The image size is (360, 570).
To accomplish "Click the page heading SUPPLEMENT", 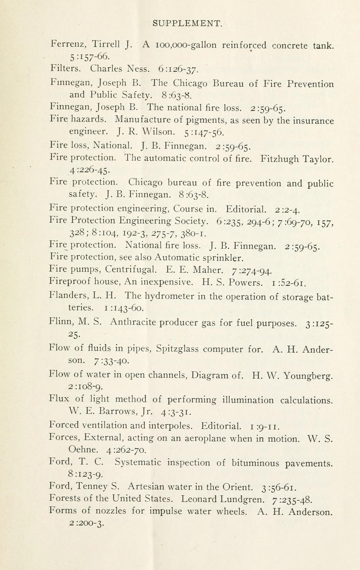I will pyautogui.click(x=187, y=24).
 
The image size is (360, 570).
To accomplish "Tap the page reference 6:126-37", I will pyautogui.click(x=178, y=70).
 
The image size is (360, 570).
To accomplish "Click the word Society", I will pyautogui.click(x=189, y=221).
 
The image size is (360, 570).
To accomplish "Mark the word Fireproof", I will pyautogui.click(x=72, y=282).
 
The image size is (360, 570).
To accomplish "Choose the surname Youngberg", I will pyautogui.click(x=308, y=376).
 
